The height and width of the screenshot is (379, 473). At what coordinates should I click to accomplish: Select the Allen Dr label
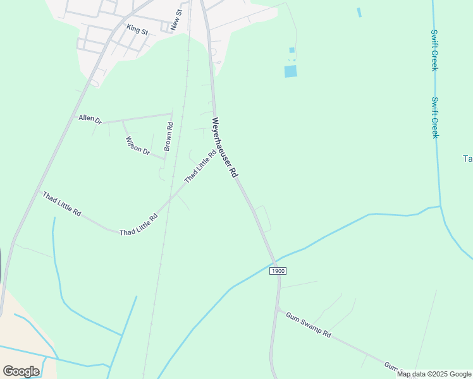[90, 118]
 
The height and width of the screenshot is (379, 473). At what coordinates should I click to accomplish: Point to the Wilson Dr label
[137, 146]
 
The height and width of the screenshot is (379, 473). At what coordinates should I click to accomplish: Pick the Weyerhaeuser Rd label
[224, 148]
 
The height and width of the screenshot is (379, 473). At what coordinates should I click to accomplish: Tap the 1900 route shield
[278, 270]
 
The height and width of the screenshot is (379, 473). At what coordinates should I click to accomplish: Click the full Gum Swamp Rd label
[308, 325]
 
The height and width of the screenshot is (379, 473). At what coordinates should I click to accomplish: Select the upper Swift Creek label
[434, 50]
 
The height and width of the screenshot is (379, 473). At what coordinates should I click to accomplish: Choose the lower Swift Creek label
[435, 117]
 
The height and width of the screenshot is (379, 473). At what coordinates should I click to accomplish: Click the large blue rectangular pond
[290, 71]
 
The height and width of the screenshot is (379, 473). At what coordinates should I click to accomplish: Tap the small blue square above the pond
[292, 50]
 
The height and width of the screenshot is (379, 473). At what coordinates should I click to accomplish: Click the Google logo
[21, 371]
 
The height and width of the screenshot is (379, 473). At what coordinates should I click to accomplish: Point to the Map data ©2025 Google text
[434, 374]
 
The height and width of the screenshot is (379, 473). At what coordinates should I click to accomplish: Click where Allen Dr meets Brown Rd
[172, 114]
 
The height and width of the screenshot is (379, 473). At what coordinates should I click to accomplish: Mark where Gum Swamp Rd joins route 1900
[277, 308]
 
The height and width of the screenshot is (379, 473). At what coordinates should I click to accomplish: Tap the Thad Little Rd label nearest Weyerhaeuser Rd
[200, 166]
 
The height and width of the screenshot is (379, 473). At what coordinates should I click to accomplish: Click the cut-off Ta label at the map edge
[467, 159]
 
